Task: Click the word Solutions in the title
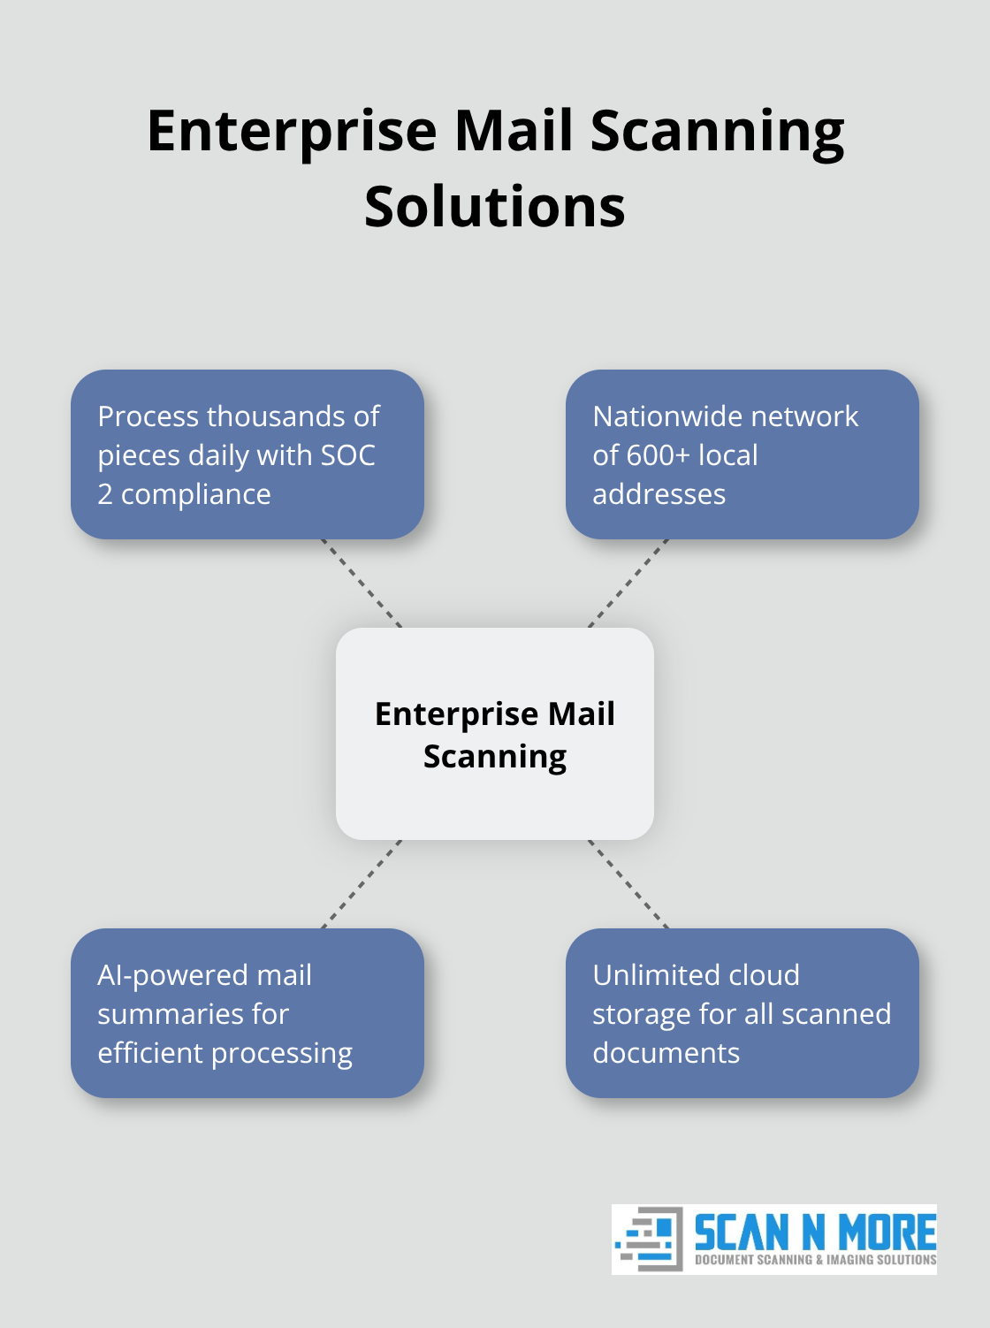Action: pos(495,207)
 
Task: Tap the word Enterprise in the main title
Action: pos(292,131)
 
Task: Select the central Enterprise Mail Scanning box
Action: pos(495,734)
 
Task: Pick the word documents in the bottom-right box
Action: pos(666,1053)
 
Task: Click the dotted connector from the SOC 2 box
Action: pos(362,584)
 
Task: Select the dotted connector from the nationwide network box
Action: pos(628,584)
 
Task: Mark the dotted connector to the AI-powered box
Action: pos(362,884)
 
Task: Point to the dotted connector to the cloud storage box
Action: pos(628,884)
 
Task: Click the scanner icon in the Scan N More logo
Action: pos(649,1239)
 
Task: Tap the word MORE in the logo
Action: pos(887,1232)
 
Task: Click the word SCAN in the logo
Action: pos(741,1232)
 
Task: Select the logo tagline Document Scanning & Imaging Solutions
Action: pos(815,1260)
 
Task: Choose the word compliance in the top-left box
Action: pos(195,494)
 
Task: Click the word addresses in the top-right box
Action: pos(659,494)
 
